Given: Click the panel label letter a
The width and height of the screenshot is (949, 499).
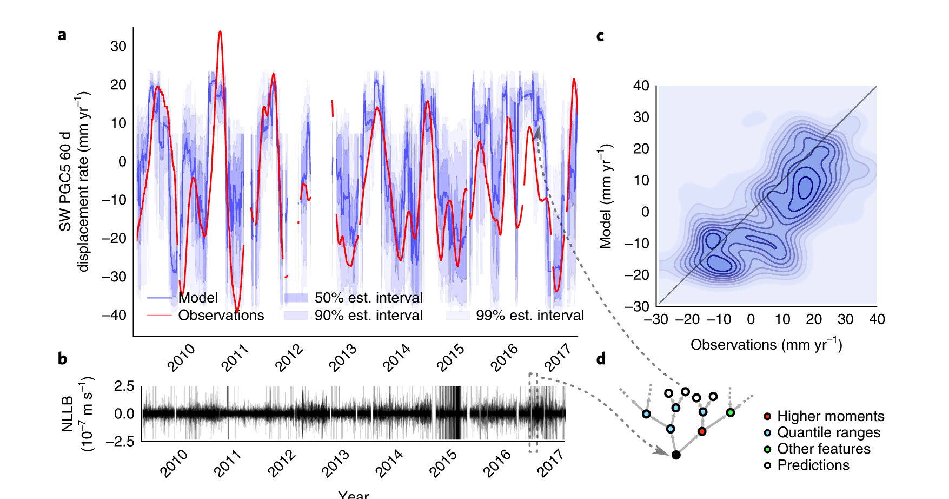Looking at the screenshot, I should coord(62,35).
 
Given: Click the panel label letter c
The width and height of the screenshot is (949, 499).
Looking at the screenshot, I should coord(600,36).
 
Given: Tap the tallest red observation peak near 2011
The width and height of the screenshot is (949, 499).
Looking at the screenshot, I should coord(220,32).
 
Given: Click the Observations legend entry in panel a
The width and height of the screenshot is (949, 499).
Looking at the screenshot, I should coord(221,316).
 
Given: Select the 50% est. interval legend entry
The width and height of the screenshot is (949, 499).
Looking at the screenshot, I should coord(368,298).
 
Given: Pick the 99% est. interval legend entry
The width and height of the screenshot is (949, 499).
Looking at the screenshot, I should coord(529,316).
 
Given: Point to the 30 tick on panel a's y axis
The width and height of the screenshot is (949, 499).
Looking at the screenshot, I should coord(118,47).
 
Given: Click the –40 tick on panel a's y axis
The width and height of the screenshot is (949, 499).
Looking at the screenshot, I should coord(114,315).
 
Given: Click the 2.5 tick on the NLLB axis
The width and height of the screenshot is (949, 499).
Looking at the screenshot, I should coord(124,386).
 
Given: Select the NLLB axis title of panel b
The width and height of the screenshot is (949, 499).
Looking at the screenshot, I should coord(67,414).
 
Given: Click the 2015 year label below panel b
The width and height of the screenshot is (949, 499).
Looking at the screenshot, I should coord(443,463).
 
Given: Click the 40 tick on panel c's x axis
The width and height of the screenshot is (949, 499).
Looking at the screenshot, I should coord(877,319).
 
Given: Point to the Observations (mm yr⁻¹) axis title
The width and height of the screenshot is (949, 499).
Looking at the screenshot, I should coord(766,345).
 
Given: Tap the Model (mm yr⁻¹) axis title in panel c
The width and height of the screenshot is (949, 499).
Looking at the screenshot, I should coord(606,196).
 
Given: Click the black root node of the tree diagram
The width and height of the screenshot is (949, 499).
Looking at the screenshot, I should coord(676,455).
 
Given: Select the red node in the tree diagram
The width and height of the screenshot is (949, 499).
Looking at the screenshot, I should coord(702,431).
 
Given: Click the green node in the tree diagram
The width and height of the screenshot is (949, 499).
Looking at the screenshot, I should coord(730,412).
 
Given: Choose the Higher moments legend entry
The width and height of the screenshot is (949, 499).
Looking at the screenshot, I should coord(830,416).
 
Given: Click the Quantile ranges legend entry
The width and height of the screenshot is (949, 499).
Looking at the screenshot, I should coord(828,432).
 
